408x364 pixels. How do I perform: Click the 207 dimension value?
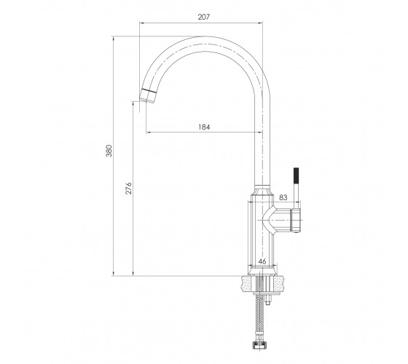point(204,17)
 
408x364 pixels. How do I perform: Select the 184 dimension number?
point(204,127)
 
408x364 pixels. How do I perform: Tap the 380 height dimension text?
point(109,151)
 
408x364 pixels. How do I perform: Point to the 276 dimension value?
point(128,189)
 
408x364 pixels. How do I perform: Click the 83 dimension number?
point(283,197)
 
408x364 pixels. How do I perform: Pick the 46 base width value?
point(262,261)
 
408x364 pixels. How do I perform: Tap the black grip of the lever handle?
point(297,176)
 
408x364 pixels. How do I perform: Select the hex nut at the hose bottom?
point(259,346)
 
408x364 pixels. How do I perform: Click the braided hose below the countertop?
point(259,319)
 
